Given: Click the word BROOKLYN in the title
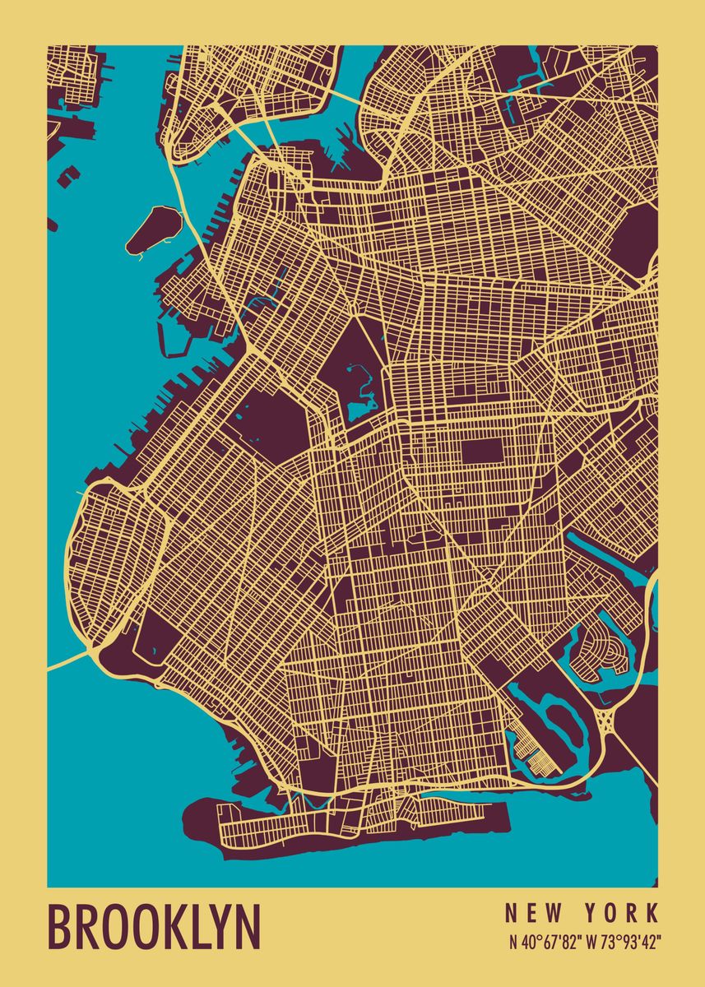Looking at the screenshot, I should [x=154, y=927].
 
